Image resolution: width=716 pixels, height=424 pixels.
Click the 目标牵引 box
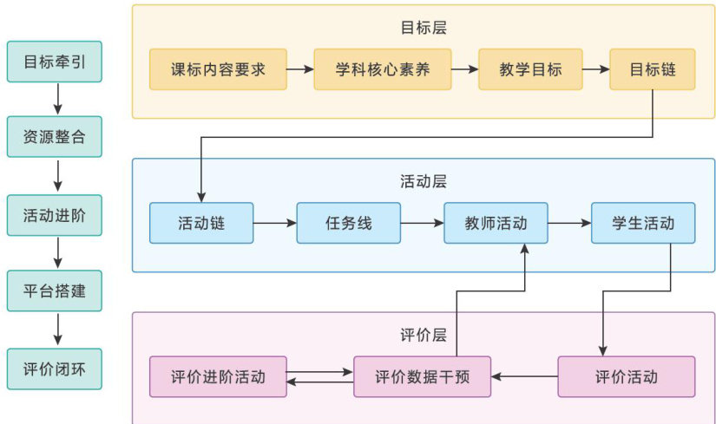pos(55,62)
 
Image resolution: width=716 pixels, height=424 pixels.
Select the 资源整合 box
pos(55,137)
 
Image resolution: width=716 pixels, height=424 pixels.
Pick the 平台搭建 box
pos(55,291)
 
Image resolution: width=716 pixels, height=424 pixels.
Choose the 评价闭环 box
pos(55,369)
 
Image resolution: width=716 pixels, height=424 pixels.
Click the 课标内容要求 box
pos(218,69)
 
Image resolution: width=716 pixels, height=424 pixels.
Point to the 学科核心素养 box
pos(383,69)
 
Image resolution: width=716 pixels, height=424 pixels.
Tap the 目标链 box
pos(653,69)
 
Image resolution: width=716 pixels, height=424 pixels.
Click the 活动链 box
pos(200,223)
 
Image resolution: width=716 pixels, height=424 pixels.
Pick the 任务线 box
pos(348,223)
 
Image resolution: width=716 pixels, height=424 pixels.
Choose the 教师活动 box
pos(496,223)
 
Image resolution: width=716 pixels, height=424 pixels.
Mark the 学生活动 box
pos(643,223)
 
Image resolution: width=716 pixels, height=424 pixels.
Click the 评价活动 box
pos(627,376)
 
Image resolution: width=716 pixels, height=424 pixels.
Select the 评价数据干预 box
pos(422,376)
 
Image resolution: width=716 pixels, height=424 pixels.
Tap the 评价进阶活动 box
pos(218,376)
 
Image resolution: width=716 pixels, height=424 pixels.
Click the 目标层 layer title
pos(424,27)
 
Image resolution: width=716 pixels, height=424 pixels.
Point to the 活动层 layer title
pos(424,181)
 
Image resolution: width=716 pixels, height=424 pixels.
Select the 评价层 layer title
pos(424,335)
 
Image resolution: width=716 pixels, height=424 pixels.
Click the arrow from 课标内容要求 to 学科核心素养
pos(300,69)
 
